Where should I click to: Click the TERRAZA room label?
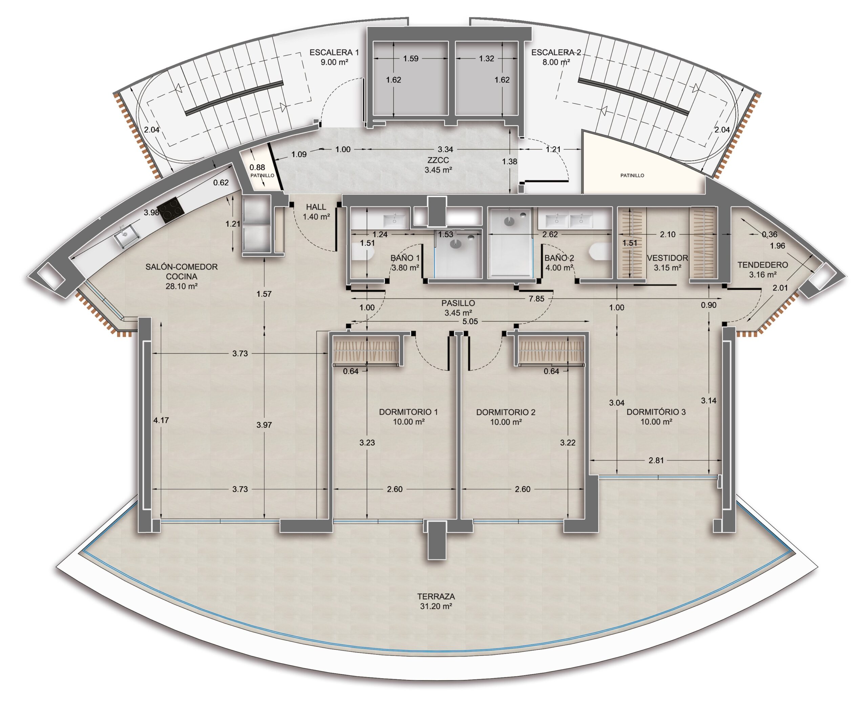coord(436,597)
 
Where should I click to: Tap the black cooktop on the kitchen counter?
coord(170,209)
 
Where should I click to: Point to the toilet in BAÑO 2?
coord(600,251)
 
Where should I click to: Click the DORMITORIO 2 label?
coord(506,412)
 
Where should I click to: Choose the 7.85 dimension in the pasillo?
coord(536,299)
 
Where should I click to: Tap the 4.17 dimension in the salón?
coord(161,420)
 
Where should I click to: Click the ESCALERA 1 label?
coord(334,52)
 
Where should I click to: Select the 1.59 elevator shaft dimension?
coord(411,58)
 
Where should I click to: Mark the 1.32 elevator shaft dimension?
coord(487,58)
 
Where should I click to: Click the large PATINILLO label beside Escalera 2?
coord(632,175)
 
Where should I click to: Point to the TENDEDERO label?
coord(762,265)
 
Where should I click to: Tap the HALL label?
coord(316,207)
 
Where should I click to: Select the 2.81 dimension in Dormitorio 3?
coord(656,460)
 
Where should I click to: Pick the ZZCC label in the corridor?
coord(438,160)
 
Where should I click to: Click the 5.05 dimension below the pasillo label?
coord(470,321)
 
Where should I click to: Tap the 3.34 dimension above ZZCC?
coord(445,149)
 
